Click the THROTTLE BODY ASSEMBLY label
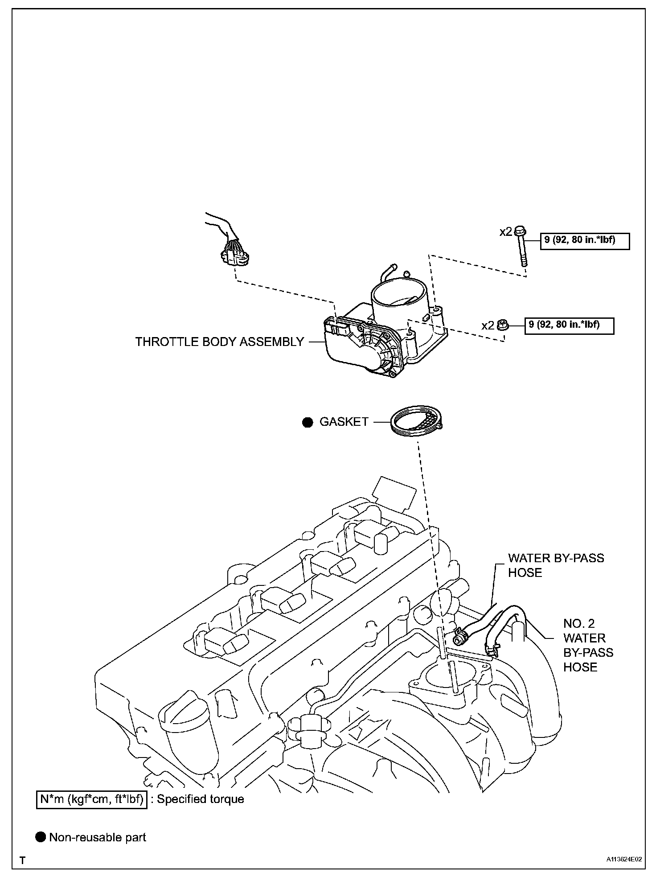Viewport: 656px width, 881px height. point(219,342)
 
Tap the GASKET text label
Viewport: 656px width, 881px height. point(344,422)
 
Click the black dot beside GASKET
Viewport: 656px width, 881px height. point(307,422)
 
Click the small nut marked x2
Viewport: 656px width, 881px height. point(503,325)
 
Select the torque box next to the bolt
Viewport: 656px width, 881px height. point(585,241)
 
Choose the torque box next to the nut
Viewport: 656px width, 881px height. point(569,325)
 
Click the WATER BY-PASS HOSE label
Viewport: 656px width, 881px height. point(556,565)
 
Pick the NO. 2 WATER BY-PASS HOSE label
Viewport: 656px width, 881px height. point(587,645)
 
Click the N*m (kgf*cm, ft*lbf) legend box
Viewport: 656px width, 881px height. point(91,799)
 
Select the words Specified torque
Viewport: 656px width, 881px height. point(200,799)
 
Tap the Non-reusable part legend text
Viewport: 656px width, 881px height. point(98,837)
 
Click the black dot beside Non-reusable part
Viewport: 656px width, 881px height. point(41,837)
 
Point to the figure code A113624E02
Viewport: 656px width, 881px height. point(623,859)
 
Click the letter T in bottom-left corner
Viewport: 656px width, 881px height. point(22,860)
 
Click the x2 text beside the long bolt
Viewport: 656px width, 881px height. point(506,232)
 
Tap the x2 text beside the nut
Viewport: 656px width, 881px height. point(488,325)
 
